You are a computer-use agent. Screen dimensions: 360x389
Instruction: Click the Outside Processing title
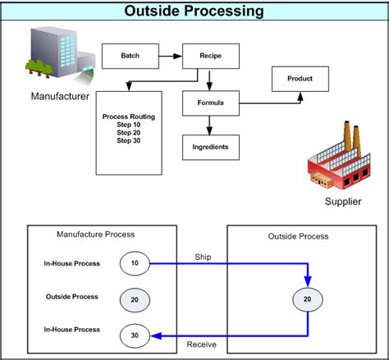(194, 11)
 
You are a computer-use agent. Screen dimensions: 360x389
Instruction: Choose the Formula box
(210, 103)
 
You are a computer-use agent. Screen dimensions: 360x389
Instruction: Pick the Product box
(300, 80)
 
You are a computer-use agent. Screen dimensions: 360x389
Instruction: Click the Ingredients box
(210, 148)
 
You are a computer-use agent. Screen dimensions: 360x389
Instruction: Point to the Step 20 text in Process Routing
(130, 132)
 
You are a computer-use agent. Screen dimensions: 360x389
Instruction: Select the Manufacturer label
(60, 96)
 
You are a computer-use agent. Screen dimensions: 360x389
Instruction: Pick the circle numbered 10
(135, 264)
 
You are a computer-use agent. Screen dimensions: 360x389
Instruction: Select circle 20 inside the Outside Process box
(307, 299)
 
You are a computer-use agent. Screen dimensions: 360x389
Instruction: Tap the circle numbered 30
(135, 334)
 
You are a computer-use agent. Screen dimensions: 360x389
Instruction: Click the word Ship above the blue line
(203, 256)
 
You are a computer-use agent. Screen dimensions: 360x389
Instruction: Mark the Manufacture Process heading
(95, 235)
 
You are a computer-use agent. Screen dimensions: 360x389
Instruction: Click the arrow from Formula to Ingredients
(210, 124)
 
